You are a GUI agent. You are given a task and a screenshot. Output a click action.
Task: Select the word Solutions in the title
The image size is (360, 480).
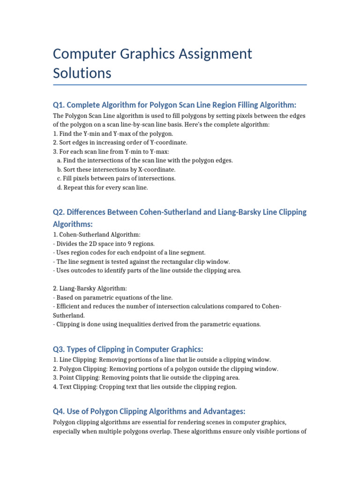(x=82, y=74)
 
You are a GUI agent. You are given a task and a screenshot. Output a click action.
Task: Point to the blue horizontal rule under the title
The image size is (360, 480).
(x=180, y=85)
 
